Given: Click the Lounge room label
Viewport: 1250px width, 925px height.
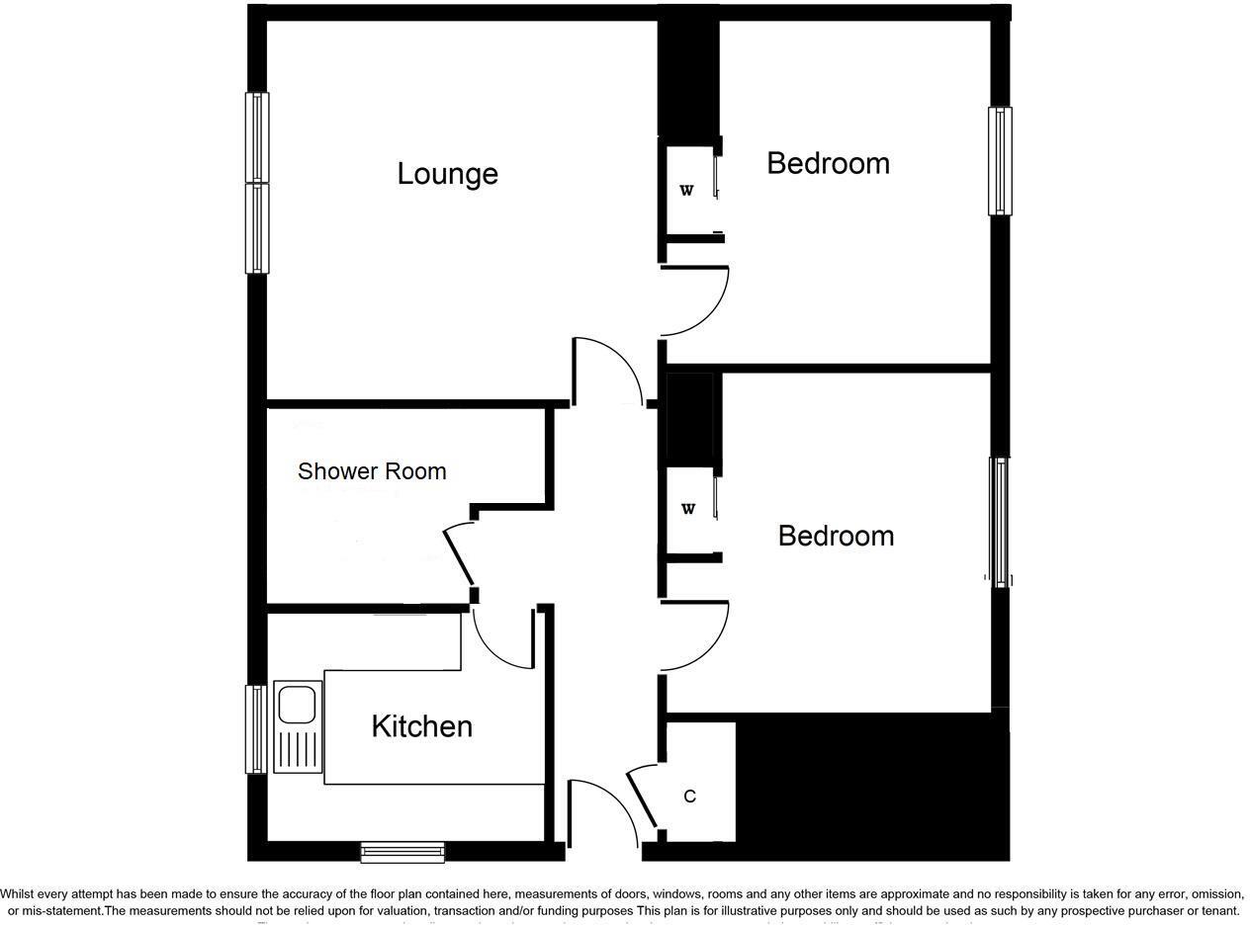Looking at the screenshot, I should click(447, 174).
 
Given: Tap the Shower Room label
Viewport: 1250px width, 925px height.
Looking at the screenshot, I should click(372, 471).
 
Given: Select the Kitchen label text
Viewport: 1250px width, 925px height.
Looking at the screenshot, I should click(421, 726).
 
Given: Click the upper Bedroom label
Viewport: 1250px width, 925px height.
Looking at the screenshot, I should click(828, 163).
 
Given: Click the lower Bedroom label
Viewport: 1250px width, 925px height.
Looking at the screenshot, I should click(836, 536).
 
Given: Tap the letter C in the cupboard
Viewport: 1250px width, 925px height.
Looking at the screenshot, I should click(689, 796).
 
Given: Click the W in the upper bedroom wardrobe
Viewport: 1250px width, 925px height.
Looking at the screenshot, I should click(686, 191).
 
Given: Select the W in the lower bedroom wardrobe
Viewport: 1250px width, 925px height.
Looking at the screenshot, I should click(688, 509).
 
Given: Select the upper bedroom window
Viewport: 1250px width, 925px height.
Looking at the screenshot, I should click(1000, 161).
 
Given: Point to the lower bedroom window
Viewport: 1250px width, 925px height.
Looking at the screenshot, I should click(1001, 522).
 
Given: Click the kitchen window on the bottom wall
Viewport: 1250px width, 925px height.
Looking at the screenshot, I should click(402, 851).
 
